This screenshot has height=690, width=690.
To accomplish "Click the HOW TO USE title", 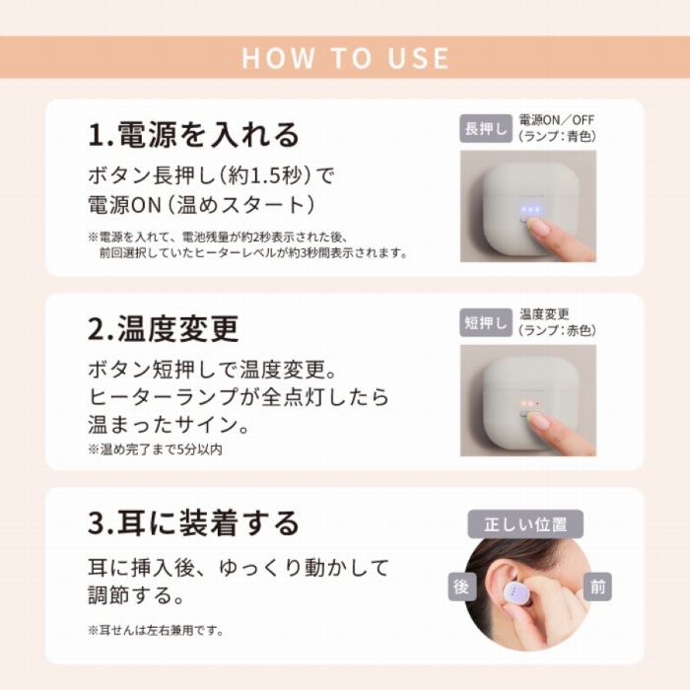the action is pyautogui.click(x=345, y=57).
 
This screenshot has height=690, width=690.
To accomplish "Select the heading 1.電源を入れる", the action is pyautogui.click(x=193, y=134).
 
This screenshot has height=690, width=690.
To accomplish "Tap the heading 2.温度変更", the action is pyautogui.click(x=164, y=328).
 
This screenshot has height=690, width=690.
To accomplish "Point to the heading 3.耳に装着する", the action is pyautogui.click(x=193, y=522).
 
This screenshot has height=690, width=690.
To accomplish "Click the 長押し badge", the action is pyautogui.click(x=486, y=128).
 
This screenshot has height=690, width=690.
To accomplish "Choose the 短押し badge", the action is pyautogui.click(x=486, y=322).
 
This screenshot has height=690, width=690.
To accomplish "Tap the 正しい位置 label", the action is pyautogui.click(x=525, y=524).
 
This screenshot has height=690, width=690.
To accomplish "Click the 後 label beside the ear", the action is pyautogui.click(x=462, y=586).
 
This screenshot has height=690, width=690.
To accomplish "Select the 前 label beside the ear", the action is pyautogui.click(x=597, y=586).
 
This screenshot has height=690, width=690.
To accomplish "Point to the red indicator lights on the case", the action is pyautogui.click(x=530, y=403).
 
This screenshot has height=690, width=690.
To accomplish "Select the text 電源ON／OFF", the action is pyautogui.click(x=557, y=120).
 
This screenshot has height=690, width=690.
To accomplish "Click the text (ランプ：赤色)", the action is pyautogui.click(x=557, y=330).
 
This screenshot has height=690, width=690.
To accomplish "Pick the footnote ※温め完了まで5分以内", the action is pyautogui.click(x=155, y=449).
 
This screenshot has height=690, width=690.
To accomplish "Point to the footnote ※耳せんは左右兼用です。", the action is pyautogui.click(x=156, y=630).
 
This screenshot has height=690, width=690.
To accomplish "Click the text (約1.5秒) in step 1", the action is pyautogui.click(x=263, y=176).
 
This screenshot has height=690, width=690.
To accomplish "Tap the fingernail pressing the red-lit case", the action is pyautogui.click(x=538, y=421).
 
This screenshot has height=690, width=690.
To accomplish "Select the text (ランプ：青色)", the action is pyautogui.click(x=557, y=136).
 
